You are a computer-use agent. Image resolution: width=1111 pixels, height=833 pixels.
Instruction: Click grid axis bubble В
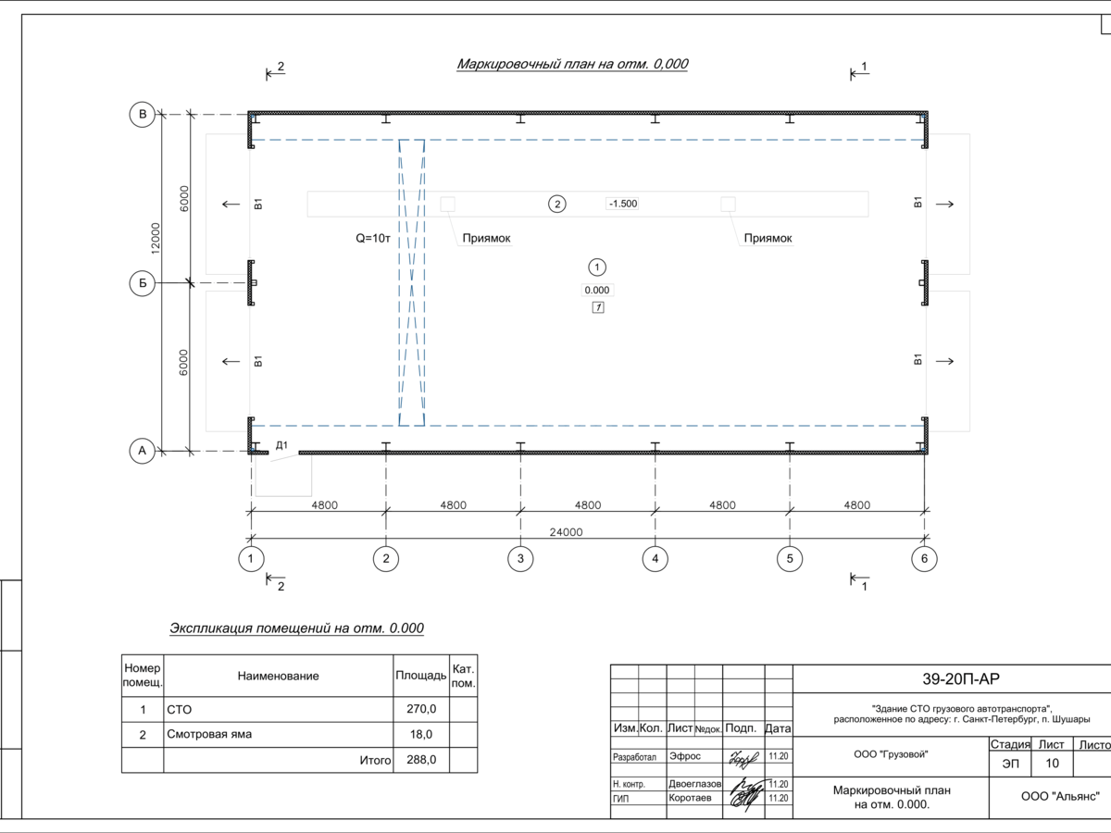click(x=143, y=114)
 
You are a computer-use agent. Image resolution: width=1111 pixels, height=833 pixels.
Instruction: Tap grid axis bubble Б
click(x=143, y=283)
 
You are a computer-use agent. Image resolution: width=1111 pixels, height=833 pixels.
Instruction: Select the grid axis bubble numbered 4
click(x=655, y=559)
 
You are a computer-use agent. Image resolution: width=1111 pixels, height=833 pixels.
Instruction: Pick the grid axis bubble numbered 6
click(x=924, y=559)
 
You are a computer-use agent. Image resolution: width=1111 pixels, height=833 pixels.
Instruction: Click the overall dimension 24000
click(x=566, y=532)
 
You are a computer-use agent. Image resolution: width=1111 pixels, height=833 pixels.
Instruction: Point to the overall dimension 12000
click(x=156, y=238)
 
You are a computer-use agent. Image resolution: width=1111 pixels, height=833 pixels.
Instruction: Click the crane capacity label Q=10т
click(x=373, y=238)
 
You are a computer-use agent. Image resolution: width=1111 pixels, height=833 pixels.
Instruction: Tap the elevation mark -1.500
click(x=623, y=204)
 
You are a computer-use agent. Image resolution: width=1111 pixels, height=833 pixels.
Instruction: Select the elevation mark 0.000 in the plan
click(x=597, y=291)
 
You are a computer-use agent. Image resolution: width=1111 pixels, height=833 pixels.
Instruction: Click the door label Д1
click(x=282, y=445)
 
